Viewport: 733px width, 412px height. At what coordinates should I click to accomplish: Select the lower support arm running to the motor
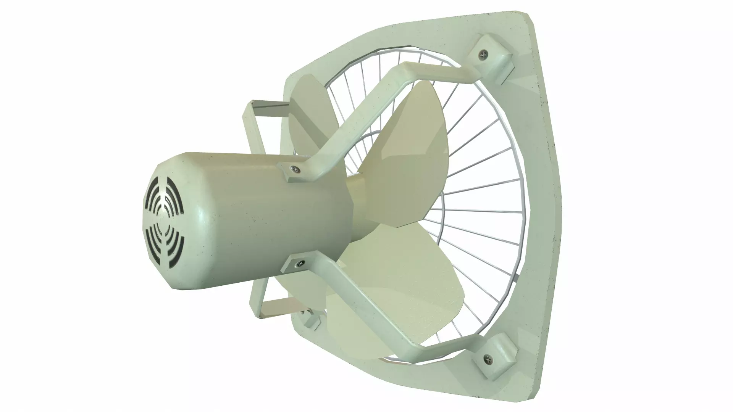click(x=366, y=305)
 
